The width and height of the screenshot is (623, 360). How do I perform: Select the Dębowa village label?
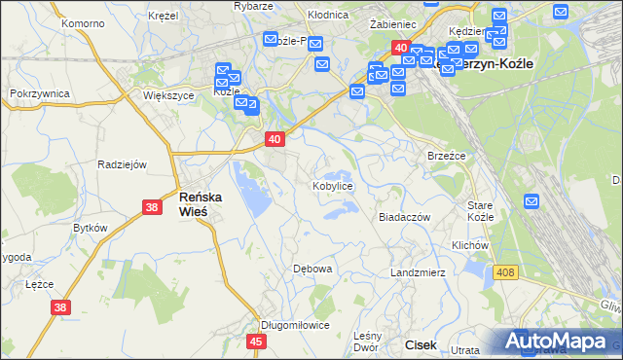(313, 268)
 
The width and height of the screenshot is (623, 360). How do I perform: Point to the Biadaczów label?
(404, 218)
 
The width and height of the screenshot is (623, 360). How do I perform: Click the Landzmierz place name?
(418, 272)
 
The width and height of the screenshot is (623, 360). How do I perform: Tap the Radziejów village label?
(122, 164)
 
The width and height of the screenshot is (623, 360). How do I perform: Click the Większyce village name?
(165, 96)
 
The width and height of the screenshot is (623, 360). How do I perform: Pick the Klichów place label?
(469, 245)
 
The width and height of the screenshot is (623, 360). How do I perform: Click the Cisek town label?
(421, 344)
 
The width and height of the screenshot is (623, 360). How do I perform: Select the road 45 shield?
(257, 342)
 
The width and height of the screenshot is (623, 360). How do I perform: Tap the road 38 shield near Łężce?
(60, 307)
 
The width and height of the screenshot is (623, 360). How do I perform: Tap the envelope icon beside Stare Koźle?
(531, 201)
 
